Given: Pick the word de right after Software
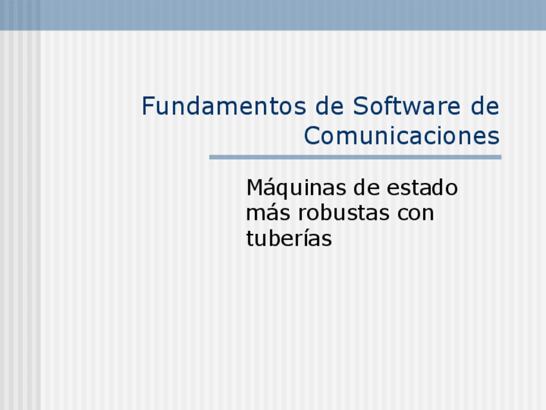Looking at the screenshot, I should [x=484, y=106].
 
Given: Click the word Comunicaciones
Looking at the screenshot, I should [x=402, y=136].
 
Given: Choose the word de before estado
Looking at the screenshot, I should [x=367, y=189].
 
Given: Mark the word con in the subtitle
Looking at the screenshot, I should [x=416, y=213].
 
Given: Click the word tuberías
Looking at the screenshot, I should [x=289, y=239].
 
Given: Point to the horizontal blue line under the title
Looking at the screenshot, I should [x=355, y=157].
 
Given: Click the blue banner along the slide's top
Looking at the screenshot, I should [x=273, y=15].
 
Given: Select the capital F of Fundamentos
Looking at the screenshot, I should [x=148, y=106].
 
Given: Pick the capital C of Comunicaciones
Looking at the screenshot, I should [x=312, y=136].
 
